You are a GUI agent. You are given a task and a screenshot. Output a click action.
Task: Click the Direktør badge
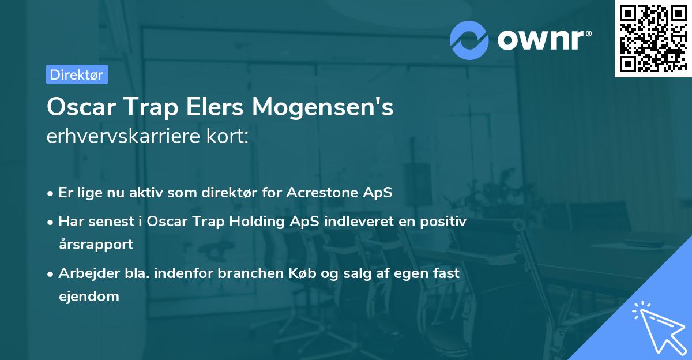click(77, 74)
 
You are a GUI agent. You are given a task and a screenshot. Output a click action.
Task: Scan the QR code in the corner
click(653, 38)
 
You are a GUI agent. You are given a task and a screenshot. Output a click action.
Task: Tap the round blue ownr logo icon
click(469, 40)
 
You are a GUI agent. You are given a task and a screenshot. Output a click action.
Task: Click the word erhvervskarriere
click(124, 138)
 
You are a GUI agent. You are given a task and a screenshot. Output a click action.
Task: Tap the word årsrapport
click(96, 244)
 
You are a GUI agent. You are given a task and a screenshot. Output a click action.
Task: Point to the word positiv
click(446, 221)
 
